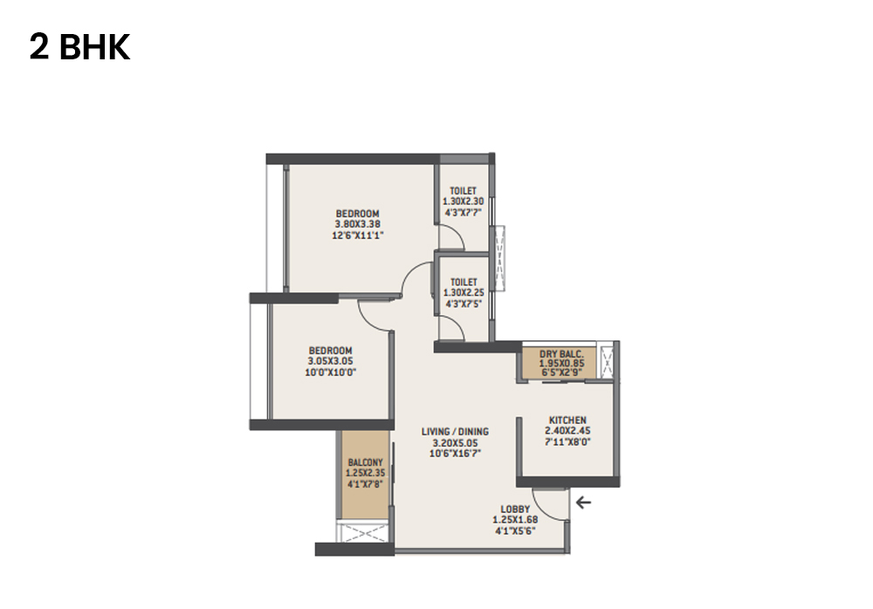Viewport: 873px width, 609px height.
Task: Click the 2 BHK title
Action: point(79,48)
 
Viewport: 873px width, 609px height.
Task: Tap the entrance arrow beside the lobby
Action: point(583,502)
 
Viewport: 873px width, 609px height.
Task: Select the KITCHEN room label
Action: point(567,420)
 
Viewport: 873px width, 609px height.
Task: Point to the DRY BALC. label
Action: point(560,353)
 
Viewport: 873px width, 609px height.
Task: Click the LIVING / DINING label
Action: point(455,432)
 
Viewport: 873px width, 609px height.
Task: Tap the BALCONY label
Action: point(365,462)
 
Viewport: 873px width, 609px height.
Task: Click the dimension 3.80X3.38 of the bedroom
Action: point(358,223)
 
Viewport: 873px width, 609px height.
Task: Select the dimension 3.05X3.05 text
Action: point(330,361)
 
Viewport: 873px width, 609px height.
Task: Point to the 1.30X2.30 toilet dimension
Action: point(463,201)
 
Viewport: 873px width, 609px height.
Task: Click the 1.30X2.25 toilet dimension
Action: point(463,292)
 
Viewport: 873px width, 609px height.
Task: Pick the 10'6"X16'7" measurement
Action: point(455,453)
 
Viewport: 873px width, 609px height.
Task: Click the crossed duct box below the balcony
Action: point(365,533)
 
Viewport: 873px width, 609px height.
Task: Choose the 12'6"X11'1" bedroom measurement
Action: point(358,234)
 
